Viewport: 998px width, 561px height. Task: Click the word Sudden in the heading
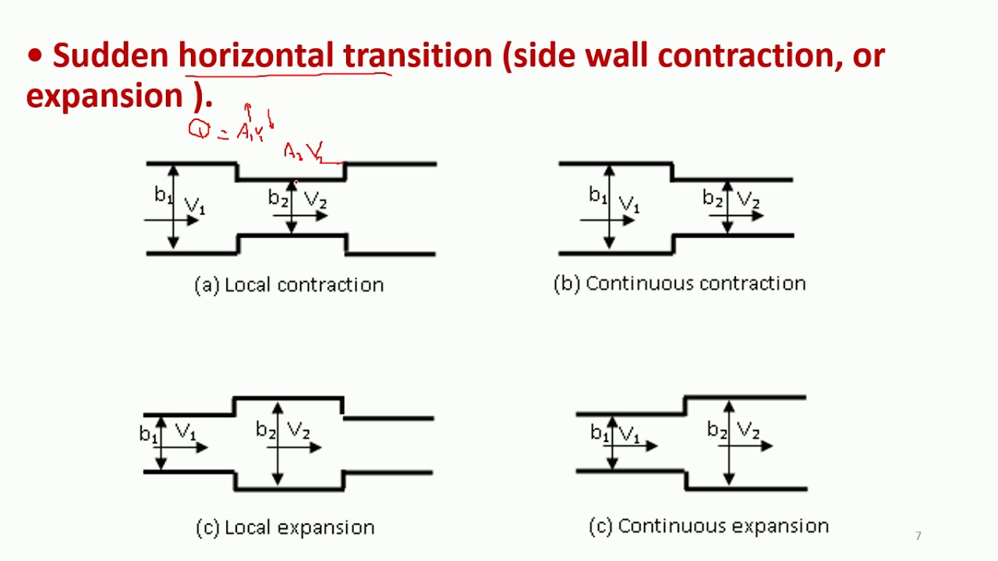pos(110,56)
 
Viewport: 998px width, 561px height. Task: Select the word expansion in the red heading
pos(104,96)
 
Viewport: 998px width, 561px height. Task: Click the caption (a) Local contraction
pos(288,285)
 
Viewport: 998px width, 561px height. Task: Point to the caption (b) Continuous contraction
pos(679,284)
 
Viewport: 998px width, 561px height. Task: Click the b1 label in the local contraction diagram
pos(162,195)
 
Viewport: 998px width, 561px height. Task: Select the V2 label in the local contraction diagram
pos(314,199)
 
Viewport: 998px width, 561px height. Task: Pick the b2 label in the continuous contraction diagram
pos(713,198)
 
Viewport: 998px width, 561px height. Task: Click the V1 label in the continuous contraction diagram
pos(628,204)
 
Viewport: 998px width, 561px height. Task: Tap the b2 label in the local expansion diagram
pos(266,430)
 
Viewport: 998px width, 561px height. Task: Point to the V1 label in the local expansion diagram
pos(186,432)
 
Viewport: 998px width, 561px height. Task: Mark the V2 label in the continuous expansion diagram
pos(748,430)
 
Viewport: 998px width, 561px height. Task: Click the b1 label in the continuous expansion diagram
pos(599,432)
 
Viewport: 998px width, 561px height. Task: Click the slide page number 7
pos(918,535)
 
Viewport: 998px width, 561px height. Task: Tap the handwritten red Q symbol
pos(200,130)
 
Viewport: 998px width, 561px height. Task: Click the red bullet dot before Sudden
pos(34,57)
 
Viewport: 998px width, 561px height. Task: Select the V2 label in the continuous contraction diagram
pos(748,199)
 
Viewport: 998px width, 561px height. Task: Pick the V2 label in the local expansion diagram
pos(299,430)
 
